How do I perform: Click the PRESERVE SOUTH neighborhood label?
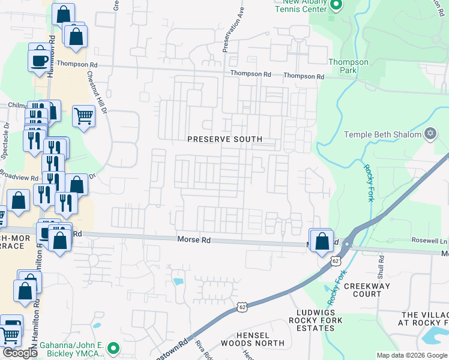tap(224, 139)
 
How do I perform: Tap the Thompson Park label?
tap(348, 66)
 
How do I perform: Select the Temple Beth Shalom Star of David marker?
tap(430, 133)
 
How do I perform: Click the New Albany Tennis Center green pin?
tap(336, 5)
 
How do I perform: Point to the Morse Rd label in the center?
tap(194, 240)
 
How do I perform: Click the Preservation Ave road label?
tap(234, 30)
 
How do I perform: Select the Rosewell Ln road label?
tap(429, 240)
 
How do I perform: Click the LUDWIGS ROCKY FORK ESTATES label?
tap(319, 320)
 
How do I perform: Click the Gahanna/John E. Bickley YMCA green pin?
tap(112, 347)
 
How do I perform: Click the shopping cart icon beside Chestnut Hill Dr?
tap(84, 116)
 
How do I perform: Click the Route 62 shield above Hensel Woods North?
tap(241, 307)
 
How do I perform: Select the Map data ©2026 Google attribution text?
tap(412, 355)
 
